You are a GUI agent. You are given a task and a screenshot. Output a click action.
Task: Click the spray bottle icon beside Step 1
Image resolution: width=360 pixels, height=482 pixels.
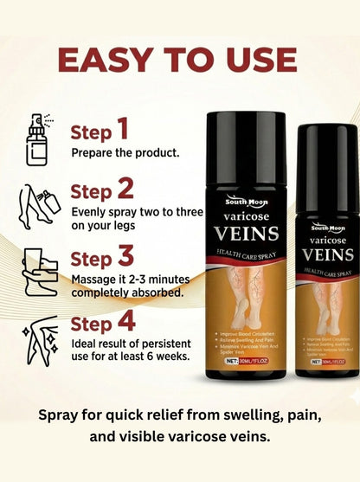point(35,138)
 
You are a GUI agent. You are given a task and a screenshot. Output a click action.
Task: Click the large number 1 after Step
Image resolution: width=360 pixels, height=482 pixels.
point(122,130)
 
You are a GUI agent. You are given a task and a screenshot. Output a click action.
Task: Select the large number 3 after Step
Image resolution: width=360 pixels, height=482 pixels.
point(125,257)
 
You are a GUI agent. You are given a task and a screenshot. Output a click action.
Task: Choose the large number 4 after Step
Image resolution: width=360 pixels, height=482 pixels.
point(126,322)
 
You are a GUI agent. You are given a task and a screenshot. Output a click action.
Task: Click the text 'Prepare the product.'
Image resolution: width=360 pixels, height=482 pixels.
point(125,153)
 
